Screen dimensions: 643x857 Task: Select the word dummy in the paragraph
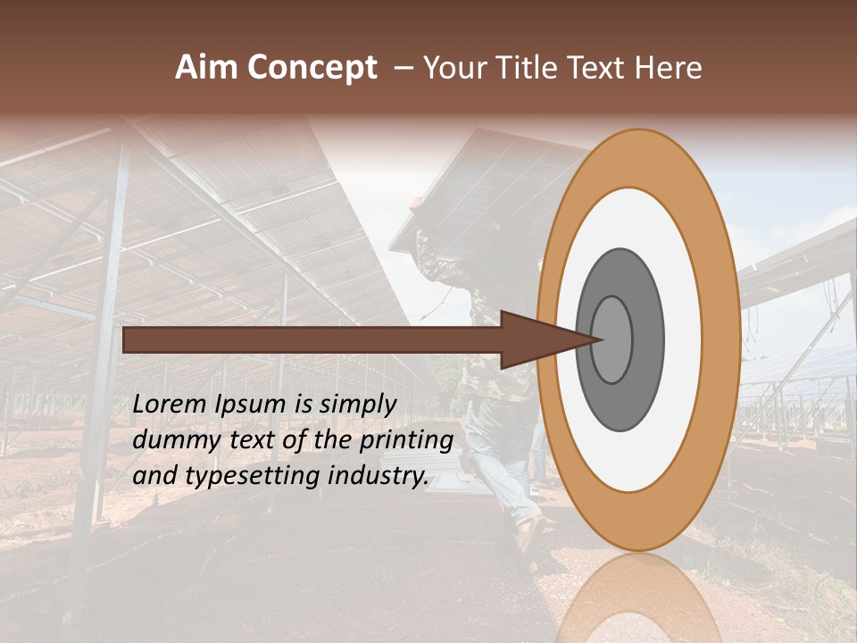[x=171, y=440]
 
